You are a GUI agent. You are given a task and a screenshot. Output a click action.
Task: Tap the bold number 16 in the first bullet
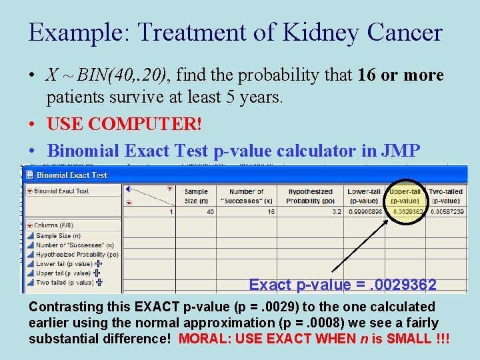point(367,75)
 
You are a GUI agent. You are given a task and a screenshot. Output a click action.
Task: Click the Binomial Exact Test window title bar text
point(71,175)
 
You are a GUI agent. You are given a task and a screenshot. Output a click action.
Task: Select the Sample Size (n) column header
point(196,195)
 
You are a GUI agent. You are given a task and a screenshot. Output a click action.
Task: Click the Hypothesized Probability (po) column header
point(310,195)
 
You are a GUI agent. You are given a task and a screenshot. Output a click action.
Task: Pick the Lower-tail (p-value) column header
point(363,195)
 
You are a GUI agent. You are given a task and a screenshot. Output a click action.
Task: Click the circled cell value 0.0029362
point(408,211)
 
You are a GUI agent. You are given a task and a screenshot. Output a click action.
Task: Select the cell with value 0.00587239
point(447,211)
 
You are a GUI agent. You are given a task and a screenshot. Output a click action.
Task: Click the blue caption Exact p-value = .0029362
point(343,285)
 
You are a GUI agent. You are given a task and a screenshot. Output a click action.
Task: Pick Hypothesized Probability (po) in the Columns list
point(77,254)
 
